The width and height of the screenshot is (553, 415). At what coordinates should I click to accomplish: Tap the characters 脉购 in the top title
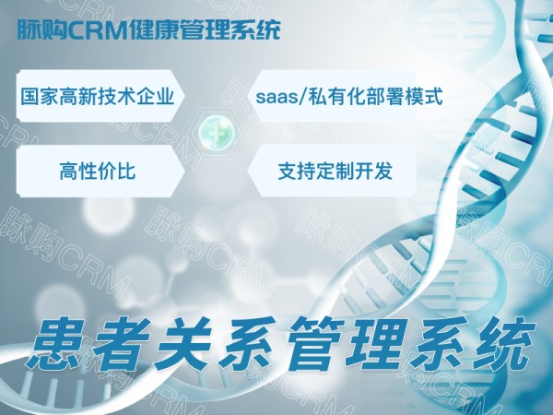[42, 30]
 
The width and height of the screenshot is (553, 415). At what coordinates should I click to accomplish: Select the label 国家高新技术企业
[97, 96]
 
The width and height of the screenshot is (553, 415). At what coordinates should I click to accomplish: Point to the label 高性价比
[98, 172]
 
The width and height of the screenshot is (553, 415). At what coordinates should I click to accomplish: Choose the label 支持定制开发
[335, 172]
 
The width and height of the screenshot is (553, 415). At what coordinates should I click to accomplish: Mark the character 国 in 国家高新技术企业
[30, 96]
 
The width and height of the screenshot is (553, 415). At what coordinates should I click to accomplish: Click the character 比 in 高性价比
[126, 172]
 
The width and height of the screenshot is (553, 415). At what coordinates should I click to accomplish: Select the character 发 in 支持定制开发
[383, 172]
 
